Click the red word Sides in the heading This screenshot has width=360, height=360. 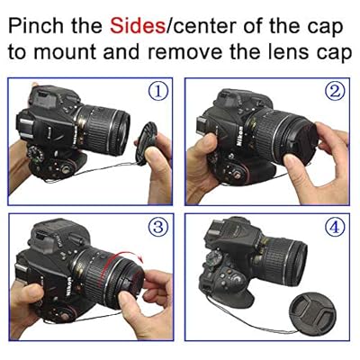(x=138, y=26)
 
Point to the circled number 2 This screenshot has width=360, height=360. (x=335, y=93)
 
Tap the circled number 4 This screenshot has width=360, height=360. (x=335, y=228)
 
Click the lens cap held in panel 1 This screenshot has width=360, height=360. (x=146, y=143)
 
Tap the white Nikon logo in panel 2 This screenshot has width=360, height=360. (x=240, y=136)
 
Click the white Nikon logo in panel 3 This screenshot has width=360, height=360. (x=68, y=287)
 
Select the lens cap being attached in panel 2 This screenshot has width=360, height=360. (x=300, y=143)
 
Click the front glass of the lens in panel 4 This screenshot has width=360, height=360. (x=300, y=260)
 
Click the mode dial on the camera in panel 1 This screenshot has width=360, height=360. (x=35, y=155)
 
